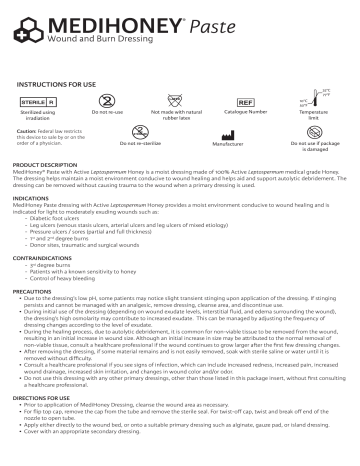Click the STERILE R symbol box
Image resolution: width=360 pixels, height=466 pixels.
pyautogui.click(x=38, y=103)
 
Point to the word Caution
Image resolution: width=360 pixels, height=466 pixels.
pyautogui.click(x=27, y=131)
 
